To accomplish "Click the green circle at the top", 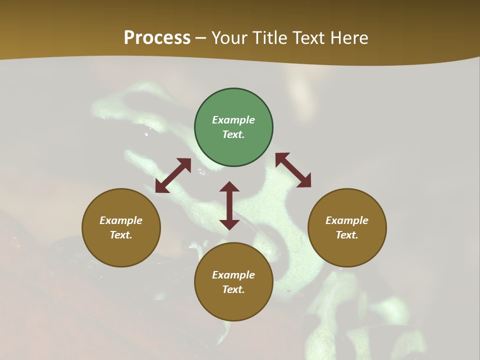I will pos(233,127).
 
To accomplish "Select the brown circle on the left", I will pos(121,227).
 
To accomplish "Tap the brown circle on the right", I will pos(347,227).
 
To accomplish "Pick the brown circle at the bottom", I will pos(233,281).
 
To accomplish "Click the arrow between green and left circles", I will pos(173,175).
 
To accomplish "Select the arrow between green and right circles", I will pos(293,170).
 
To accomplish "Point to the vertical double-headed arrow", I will pos(229,205).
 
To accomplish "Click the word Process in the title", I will pos(157,37).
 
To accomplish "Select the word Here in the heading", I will pos(349,37).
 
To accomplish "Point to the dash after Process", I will pos(201,38).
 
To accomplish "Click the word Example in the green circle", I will pos(233,120).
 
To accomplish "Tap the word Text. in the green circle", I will pos(233,134).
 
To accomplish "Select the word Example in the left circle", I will pos(121,220).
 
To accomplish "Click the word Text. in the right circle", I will pos(347,235).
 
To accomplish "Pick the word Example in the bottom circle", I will pos(233,275).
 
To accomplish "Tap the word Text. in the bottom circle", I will pos(233,289).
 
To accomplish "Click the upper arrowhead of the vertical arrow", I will pos(229,186).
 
